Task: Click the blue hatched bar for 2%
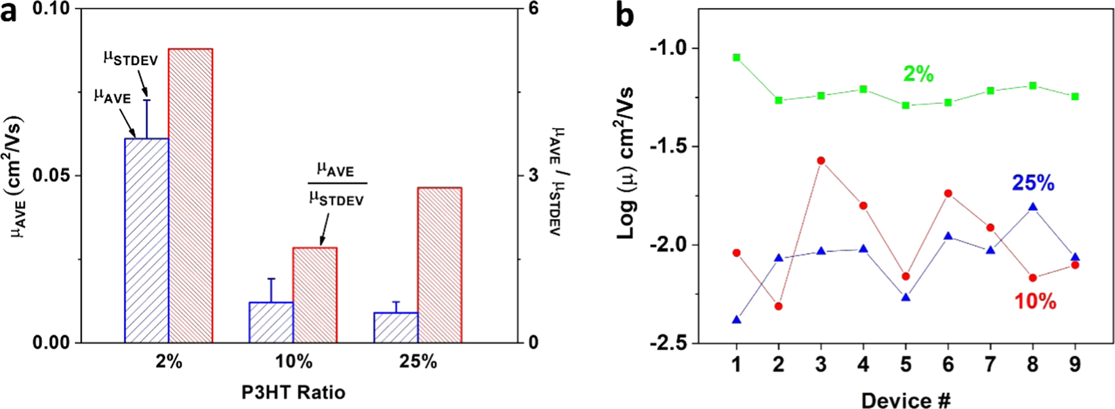(146, 241)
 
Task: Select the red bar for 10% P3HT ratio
(315, 295)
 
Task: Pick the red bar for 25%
(439, 265)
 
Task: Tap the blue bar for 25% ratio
(396, 328)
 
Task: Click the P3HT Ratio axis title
(293, 392)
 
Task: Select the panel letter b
(624, 15)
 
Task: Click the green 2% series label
(918, 74)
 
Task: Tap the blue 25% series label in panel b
(1032, 183)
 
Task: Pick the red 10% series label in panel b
(1035, 301)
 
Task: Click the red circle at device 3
(821, 161)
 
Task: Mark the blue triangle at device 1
(737, 319)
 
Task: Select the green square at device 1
(737, 58)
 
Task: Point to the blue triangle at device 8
(1032, 207)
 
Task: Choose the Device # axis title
(906, 400)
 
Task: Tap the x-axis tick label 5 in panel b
(906, 366)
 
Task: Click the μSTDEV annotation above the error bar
(130, 59)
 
